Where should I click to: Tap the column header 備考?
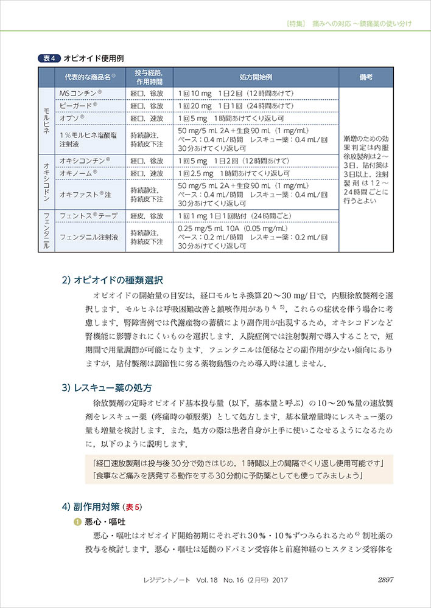(366, 77)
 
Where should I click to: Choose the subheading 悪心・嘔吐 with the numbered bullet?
(103, 522)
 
